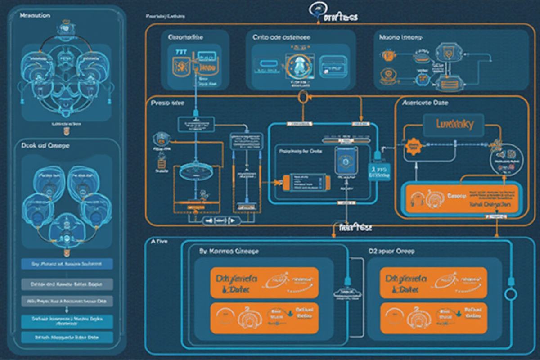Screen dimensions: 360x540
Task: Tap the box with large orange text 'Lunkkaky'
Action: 454,124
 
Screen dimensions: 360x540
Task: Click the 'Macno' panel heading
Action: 400,39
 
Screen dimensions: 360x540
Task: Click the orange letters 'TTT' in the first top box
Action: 180,53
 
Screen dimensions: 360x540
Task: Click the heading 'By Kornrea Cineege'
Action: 229,252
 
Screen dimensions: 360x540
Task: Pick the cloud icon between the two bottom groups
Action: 348,293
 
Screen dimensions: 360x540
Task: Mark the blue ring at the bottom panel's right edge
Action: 511,295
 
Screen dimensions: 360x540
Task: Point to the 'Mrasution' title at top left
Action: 35,16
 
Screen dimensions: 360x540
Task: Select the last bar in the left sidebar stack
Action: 67,337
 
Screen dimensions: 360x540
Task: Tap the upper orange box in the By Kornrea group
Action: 264,282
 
